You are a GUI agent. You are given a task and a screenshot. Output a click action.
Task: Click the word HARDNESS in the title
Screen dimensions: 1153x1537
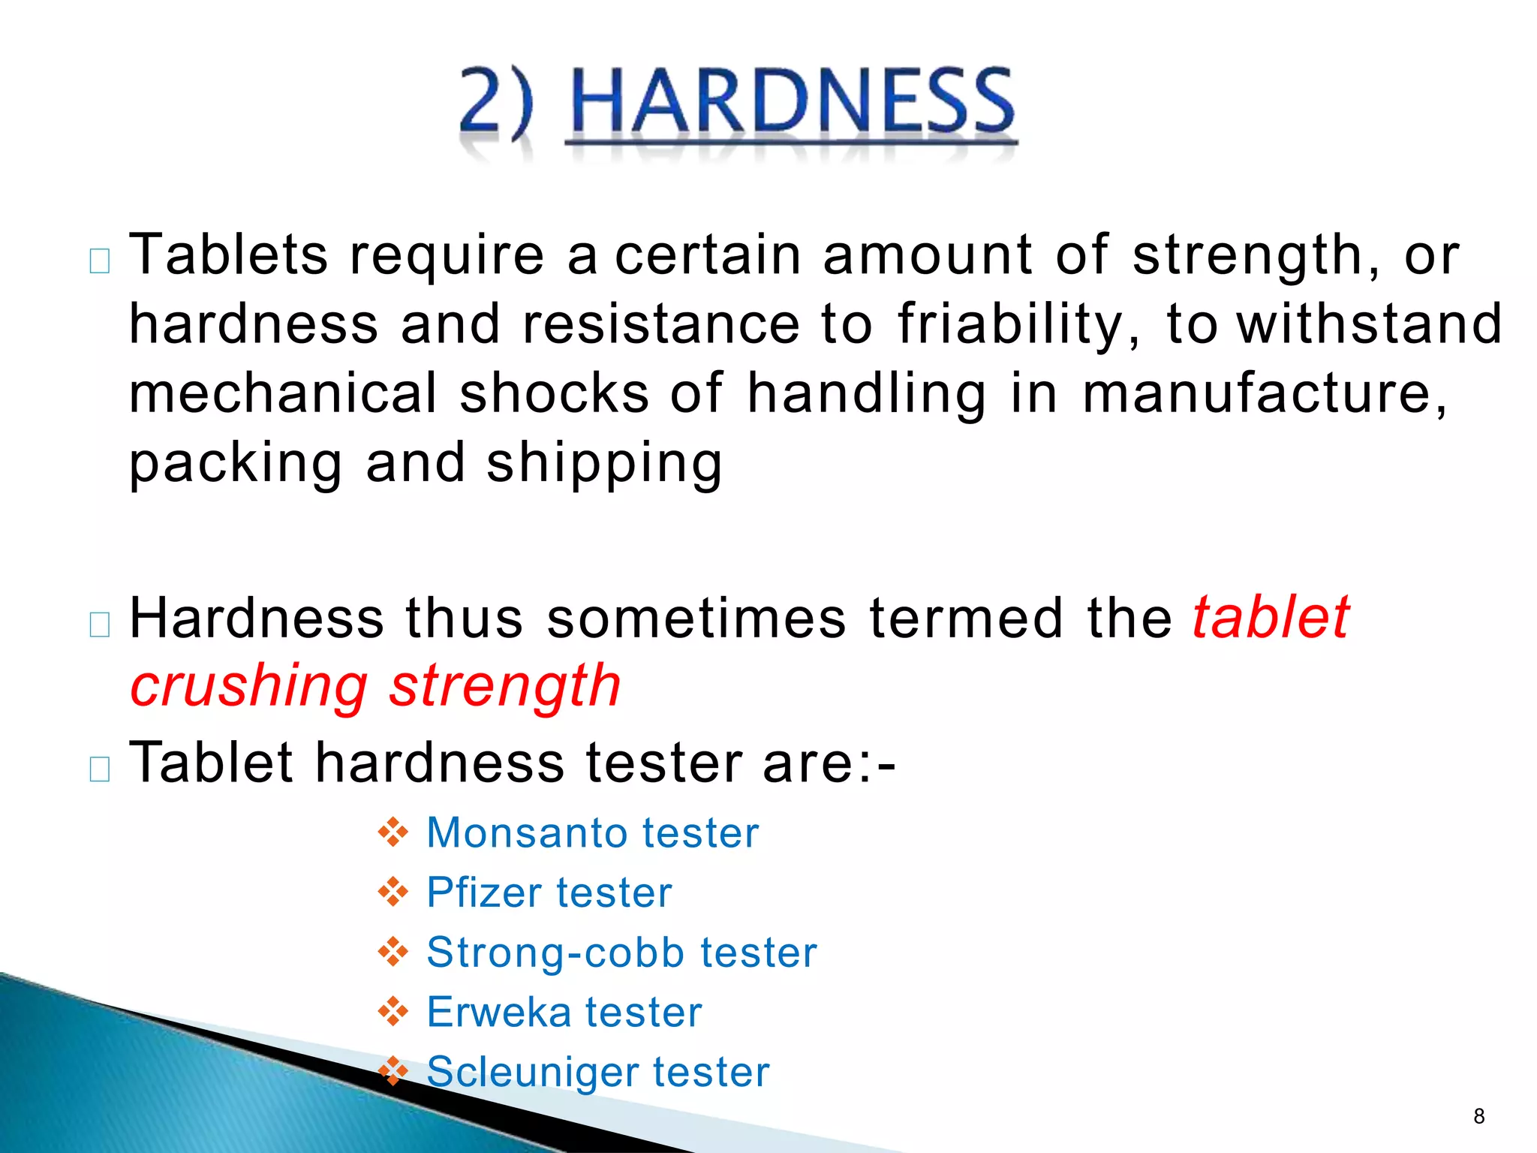(x=792, y=101)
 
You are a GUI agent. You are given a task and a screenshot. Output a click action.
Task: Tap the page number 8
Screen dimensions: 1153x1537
(x=1478, y=1116)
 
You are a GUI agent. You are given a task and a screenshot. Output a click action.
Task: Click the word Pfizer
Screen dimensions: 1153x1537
(x=483, y=893)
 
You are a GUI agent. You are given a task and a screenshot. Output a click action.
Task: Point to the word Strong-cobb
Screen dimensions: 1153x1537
(x=555, y=953)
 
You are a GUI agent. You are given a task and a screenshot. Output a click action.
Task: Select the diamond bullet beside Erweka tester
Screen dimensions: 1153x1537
(x=393, y=1013)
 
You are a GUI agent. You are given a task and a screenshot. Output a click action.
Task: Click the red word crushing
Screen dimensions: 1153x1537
(x=248, y=687)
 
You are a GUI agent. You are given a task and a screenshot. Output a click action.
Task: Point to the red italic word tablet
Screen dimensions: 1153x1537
(x=1271, y=618)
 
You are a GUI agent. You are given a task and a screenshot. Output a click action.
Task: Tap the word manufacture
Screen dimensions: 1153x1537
(x=1265, y=393)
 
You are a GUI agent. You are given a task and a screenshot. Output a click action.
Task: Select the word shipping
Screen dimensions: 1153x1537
(x=604, y=463)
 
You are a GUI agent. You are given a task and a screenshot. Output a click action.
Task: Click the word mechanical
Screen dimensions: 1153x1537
(x=283, y=393)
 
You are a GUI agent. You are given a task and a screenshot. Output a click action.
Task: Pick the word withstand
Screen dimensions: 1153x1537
(x=1370, y=324)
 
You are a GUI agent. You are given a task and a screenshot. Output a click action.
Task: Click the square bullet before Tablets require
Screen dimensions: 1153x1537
(x=100, y=261)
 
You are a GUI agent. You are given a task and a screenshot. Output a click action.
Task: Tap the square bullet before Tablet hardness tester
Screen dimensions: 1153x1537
(x=100, y=769)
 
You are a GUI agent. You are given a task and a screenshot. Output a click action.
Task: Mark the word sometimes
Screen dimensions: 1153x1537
(x=696, y=619)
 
